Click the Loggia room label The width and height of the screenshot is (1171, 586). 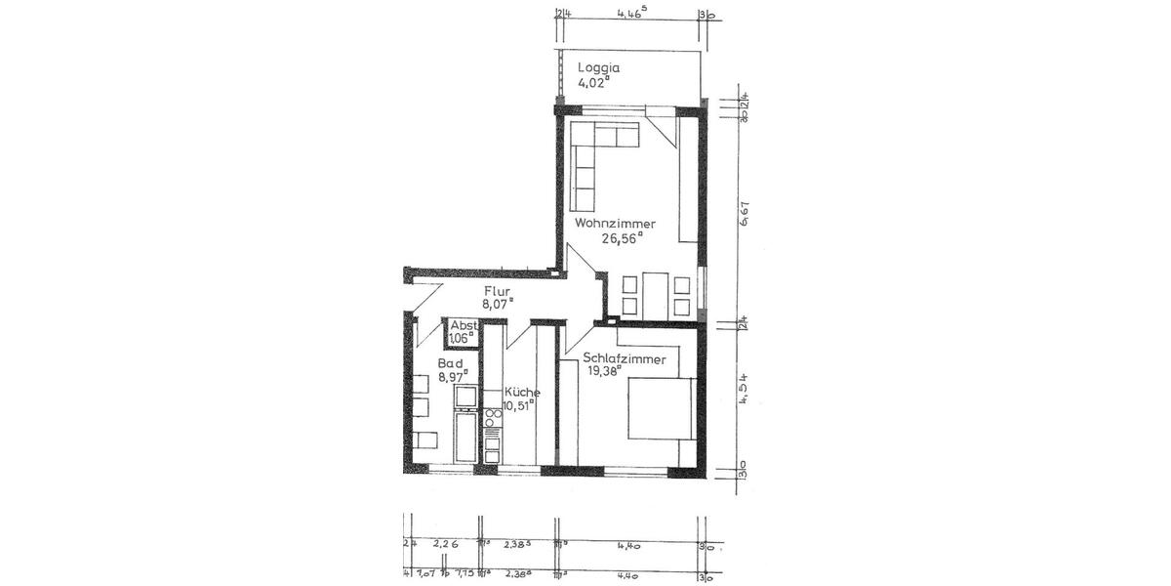599,68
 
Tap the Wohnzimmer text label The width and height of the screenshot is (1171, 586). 615,224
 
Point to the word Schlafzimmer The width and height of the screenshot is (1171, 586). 625,358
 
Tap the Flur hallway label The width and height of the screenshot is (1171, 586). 498,290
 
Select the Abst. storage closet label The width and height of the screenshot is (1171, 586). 463,326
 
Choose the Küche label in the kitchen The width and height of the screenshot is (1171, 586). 522,392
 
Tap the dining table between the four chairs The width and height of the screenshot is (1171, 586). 653,296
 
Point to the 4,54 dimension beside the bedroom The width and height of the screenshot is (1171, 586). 744,389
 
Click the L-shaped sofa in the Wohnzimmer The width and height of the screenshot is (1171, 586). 595,161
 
